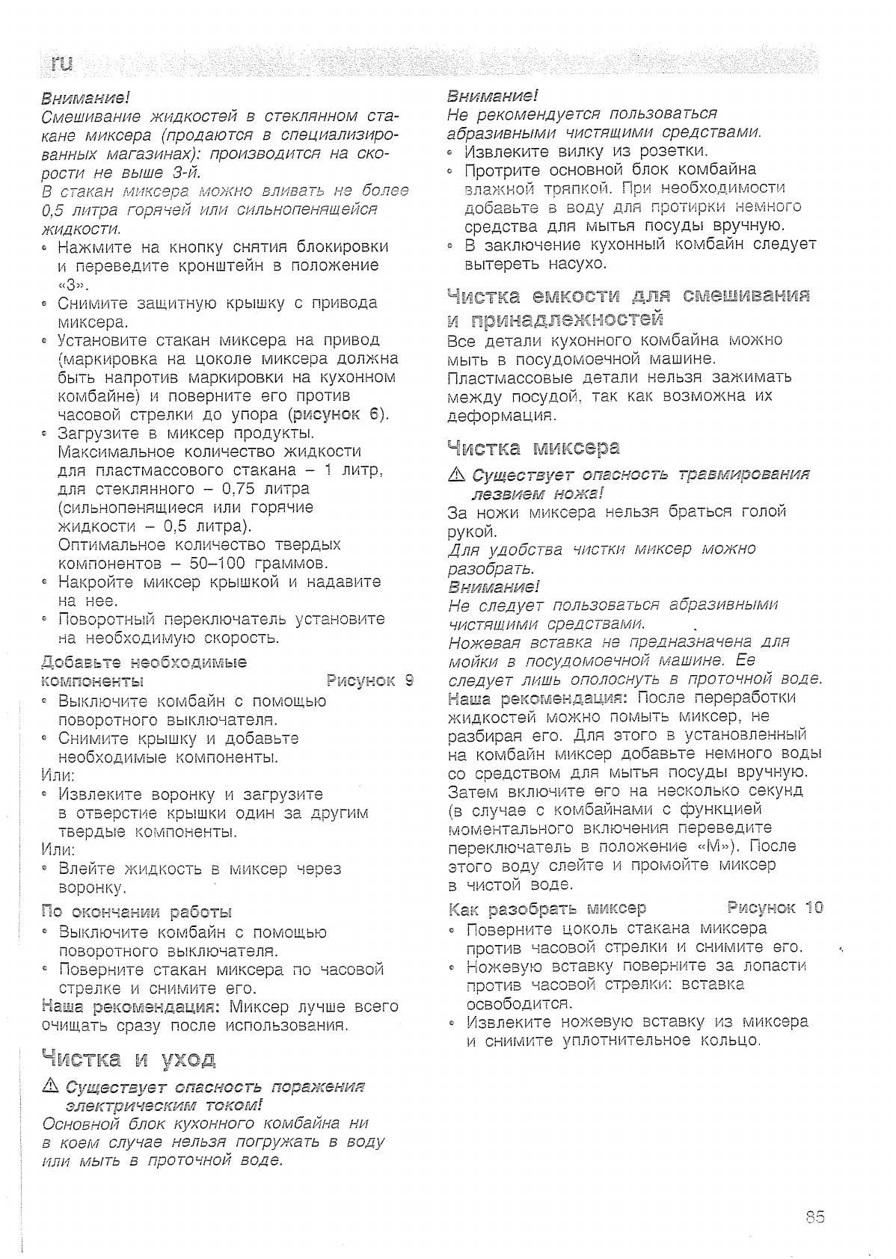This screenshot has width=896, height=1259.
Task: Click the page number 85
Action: (814, 1216)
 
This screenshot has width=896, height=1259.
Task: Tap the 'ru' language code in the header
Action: (62, 64)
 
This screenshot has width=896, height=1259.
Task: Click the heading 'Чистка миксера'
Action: (533, 448)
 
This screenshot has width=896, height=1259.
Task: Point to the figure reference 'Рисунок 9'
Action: (370, 680)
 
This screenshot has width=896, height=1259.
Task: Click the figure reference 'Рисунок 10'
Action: (775, 908)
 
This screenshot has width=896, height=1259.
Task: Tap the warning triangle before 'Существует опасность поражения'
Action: (51, 1086)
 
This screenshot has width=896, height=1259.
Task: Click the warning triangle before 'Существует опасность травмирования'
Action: (455, 475)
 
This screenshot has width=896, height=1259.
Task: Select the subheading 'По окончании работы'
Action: (137, 911)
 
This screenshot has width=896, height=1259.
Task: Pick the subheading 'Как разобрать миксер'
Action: (547, 908)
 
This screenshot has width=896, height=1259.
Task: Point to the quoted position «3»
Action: (74, 285)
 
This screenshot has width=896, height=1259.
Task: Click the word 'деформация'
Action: (501, 414)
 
